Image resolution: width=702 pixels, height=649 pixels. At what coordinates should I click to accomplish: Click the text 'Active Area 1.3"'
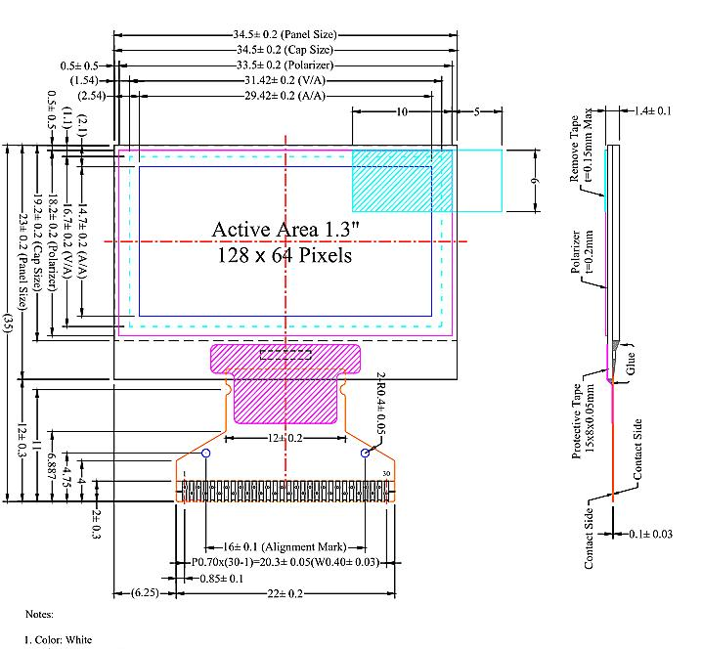(x=285, y=229)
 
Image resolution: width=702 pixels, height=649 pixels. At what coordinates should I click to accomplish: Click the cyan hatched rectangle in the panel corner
(x=402, y=179)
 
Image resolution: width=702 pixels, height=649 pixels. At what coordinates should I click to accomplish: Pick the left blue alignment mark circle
(x=206, y=454)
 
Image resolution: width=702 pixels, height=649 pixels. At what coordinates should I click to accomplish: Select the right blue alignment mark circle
(x=366, y=454)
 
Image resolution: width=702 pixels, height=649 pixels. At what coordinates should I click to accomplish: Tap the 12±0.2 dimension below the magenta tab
(x=285, y=439)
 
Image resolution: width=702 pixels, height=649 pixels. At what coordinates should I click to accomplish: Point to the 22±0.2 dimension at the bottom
(x=285, y=594)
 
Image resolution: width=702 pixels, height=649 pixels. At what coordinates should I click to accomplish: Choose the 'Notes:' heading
(x=39, y=615)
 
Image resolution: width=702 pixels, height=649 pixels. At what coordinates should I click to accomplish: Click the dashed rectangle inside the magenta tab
(x=285, y=355)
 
